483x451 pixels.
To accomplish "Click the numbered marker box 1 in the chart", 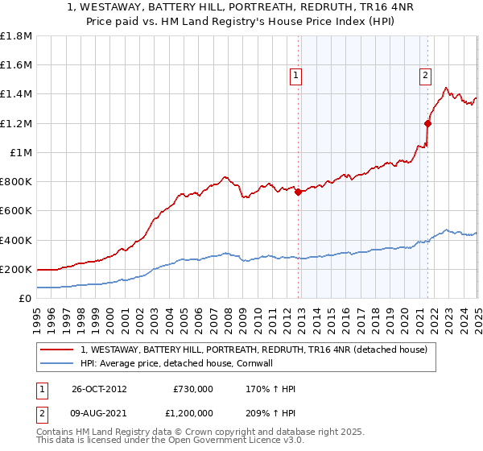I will (x=296, y=77).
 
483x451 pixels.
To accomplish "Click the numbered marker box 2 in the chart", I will (x=424, y=77).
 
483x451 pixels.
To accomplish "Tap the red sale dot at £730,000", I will (x=298, y=192).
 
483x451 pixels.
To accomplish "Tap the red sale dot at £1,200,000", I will (x=427, y=123).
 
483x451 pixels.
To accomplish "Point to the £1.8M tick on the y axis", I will (x=17, y=36).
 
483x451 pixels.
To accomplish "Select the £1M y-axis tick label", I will (x=21, y=152).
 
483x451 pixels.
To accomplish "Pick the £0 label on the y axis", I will (x=25, y=298).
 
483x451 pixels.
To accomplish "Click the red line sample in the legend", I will (x=58, y=350).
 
